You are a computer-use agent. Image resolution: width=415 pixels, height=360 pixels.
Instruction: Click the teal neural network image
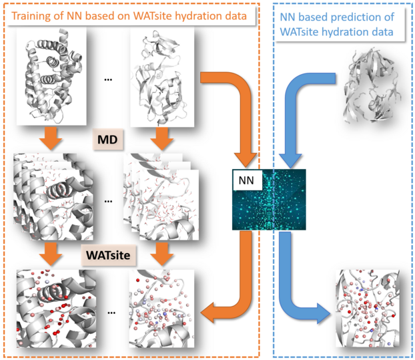[269, 200]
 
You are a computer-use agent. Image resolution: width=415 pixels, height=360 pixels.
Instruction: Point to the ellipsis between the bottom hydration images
[111, 313]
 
